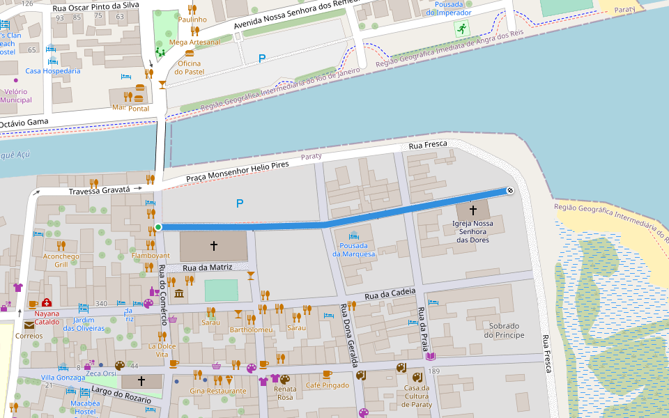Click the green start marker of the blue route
coord(158,227)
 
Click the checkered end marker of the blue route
coord(509,190)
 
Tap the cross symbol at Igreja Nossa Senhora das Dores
coord(472,209)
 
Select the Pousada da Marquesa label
coord(353,249)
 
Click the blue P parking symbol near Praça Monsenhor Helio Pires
coord(240,203)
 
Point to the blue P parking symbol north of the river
coord(262,59)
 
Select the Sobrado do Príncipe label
coord(505,330)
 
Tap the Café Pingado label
coord(327,385)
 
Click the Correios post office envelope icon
coord(29,325)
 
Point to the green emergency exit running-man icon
coord(461,29)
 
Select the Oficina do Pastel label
coord(188,68)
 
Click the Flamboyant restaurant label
coord(151,256)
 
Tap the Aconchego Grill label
coord(61,260)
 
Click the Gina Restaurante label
coord(218,391)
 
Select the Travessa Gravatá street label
coord(100,190)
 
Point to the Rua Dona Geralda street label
coord(349,335)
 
